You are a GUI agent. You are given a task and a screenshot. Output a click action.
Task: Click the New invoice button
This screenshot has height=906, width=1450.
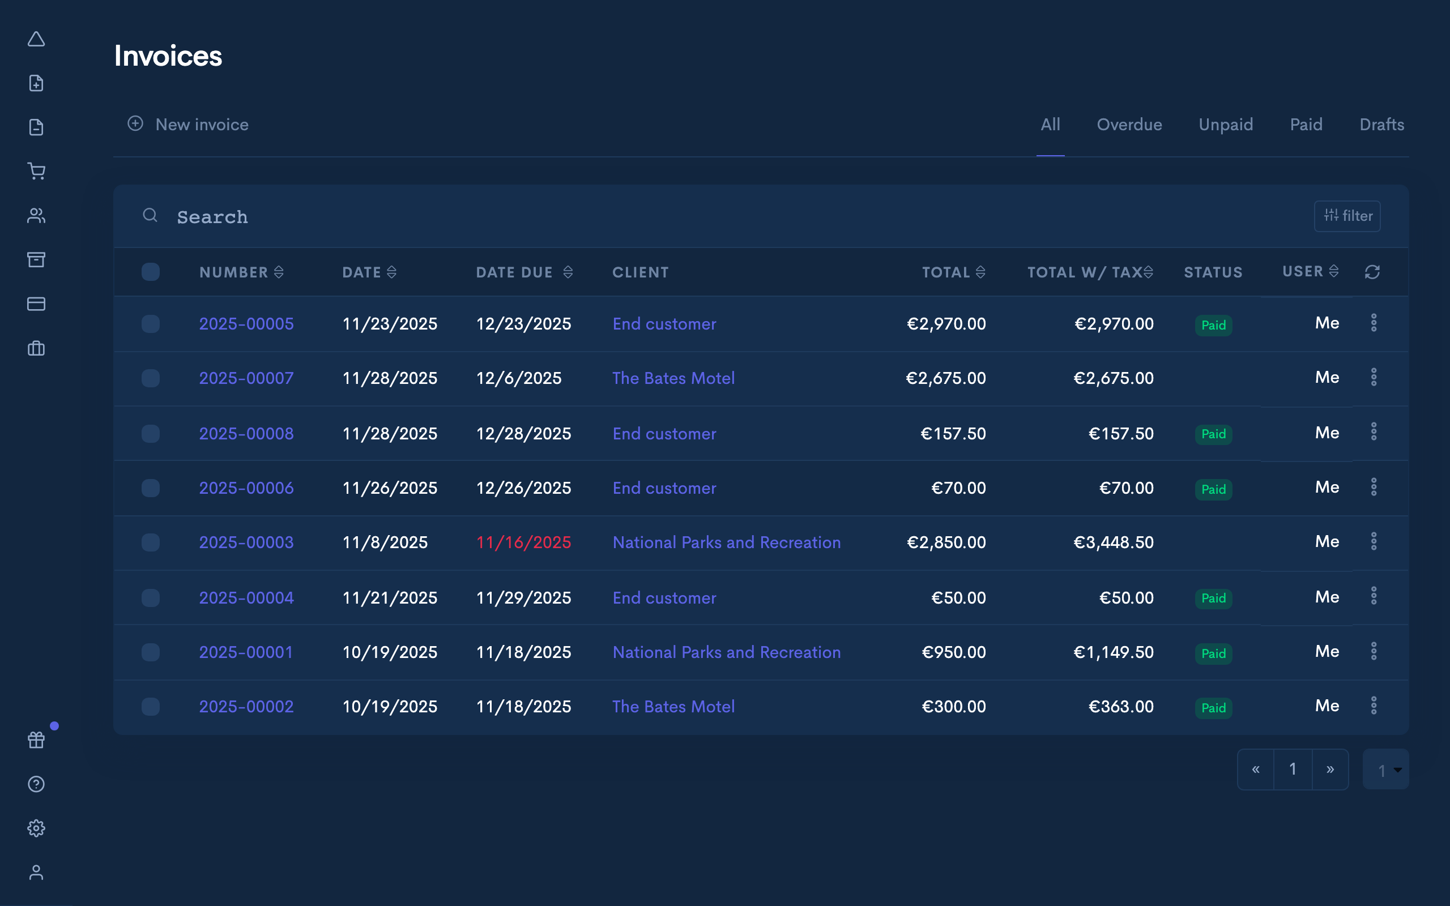[x=188, y=125]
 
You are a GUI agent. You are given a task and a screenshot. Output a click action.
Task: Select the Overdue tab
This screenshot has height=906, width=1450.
[x=1129, y=125]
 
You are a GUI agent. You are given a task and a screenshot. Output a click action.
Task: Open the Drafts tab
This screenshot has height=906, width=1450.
[x=1381, y=125]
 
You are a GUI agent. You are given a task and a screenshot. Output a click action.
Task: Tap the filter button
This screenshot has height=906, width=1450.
[x=1347, y=216]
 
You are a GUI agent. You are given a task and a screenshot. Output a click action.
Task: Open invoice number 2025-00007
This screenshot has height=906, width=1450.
[x=246, y=378]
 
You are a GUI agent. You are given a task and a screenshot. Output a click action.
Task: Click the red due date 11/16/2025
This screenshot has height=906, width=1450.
[x=523, y=542]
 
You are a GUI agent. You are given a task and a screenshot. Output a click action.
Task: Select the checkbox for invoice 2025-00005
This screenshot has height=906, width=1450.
[x=151, y=323]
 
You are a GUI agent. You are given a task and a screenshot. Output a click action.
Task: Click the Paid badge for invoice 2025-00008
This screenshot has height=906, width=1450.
[x=1213, y=434]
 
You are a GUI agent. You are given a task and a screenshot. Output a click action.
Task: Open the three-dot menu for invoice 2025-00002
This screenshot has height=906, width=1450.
[x=1374, y=706]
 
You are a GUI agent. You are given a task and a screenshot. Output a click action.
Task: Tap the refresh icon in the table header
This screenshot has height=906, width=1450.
[x=1372, y=272]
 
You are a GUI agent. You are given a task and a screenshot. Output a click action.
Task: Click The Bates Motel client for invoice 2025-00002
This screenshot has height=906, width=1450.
[x=673, y=707]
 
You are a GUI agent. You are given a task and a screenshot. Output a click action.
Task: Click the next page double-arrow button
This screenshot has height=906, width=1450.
[x=1329, y=770]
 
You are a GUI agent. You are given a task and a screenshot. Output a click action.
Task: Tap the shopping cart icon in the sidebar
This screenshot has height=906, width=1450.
[x=37, y=172]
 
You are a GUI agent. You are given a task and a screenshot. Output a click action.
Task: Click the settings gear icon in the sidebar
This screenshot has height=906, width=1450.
[x=37, y=828]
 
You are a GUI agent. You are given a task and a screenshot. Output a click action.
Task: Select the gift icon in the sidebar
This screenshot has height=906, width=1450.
[x=37, y=740]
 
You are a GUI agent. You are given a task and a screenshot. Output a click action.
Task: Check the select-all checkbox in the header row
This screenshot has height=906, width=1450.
[x=151, y=272]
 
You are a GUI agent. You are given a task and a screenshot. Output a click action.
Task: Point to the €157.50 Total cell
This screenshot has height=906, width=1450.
[x=953, y=434]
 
